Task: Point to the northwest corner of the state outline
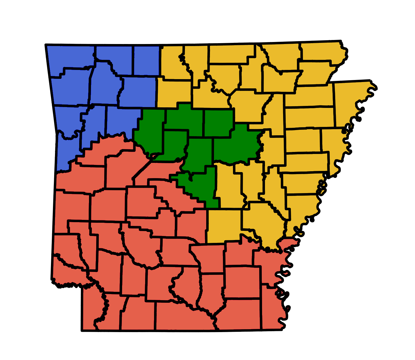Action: point(46,45)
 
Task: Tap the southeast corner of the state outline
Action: point(282,330)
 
